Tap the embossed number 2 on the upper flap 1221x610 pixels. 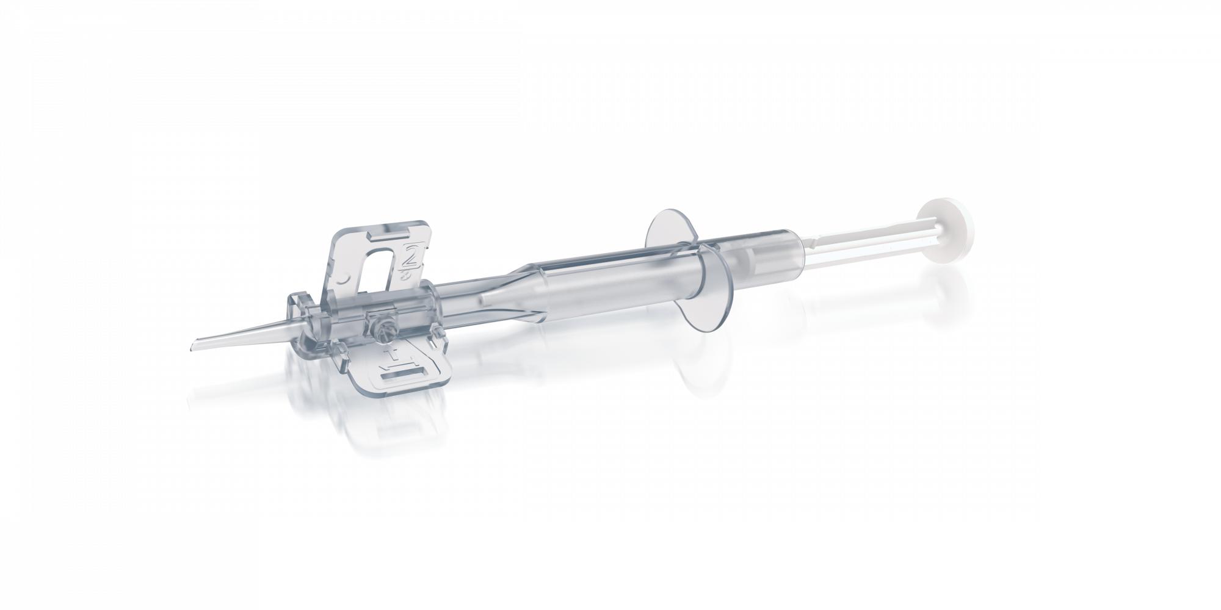tap(411, 257)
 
